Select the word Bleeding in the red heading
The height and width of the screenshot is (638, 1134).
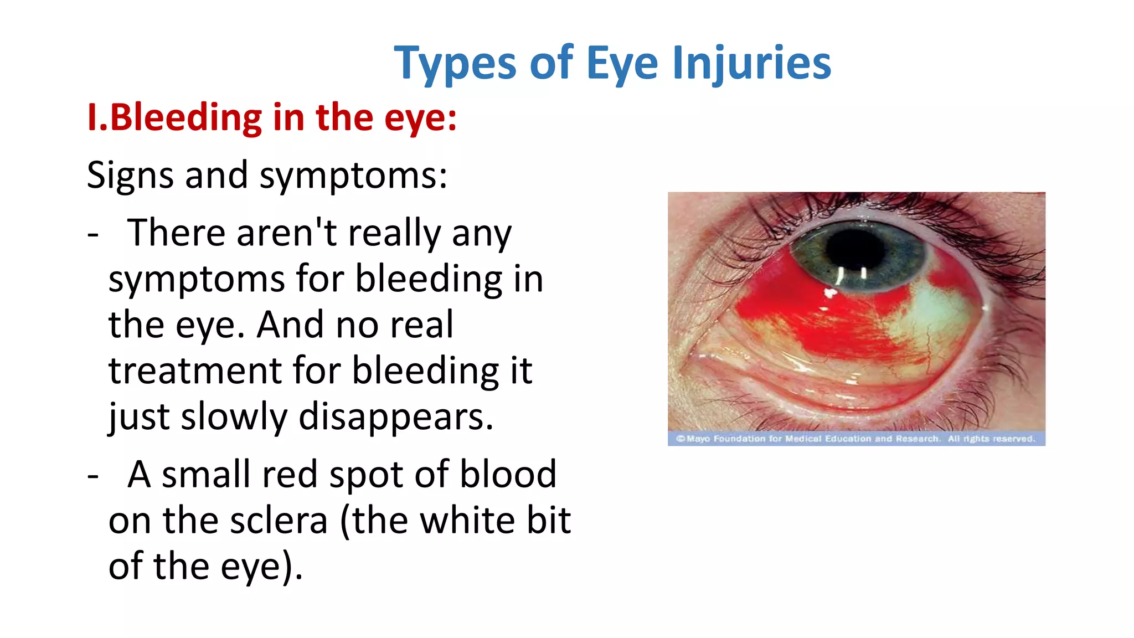pyautogui.click(x=186, y=117)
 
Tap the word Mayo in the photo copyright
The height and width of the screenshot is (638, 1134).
pyautogui.click(x=698, y=439)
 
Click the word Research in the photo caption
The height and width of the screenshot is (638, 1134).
pyautogui.click(x=917, y=439)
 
